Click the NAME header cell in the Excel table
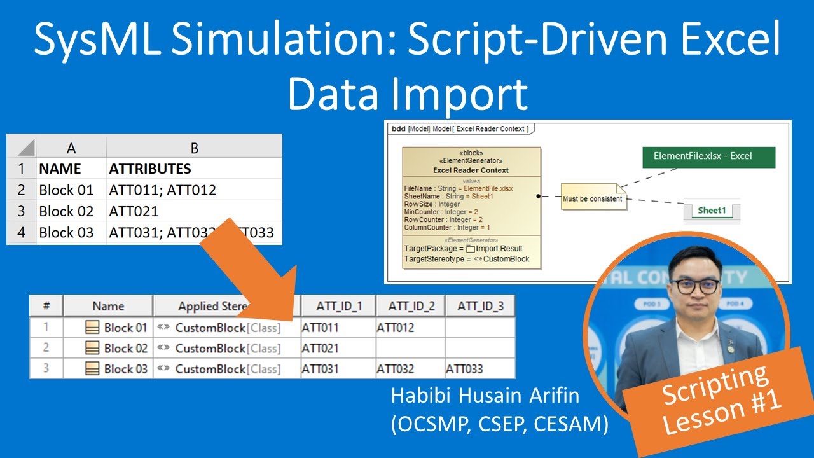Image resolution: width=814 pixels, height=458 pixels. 60,169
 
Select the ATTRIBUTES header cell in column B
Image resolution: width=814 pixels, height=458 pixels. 150,169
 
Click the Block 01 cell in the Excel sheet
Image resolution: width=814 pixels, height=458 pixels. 66,190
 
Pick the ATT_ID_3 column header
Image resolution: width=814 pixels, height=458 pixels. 480,306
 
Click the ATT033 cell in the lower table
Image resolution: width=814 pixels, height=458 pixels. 464,369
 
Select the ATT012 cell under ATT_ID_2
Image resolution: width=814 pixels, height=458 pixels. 395,328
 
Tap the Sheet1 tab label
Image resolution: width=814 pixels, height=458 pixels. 711,211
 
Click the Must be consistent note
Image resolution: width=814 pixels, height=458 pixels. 591,198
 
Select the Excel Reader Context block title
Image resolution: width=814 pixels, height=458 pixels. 471,170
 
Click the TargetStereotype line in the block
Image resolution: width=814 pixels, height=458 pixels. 467,259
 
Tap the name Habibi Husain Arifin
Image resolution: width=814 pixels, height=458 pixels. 485,396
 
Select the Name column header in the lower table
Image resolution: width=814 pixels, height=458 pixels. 108,306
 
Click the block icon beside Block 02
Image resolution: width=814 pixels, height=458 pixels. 92,349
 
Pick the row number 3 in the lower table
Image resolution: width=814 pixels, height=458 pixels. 46,369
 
